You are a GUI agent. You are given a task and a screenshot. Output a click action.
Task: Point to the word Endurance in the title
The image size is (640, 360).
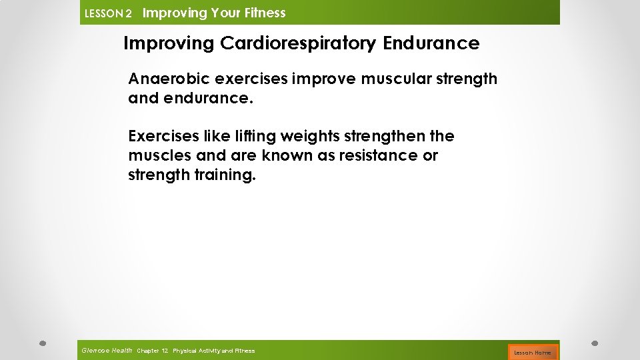(431, 44)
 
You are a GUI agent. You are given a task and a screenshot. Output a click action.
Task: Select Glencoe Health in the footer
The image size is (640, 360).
(106, 350)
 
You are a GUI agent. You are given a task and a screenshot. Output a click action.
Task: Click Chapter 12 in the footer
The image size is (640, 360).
(152, 351)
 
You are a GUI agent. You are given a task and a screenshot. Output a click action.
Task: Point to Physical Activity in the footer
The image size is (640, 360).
(195, 351)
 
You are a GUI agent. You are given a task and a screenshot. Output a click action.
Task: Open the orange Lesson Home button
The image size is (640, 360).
(532, 352)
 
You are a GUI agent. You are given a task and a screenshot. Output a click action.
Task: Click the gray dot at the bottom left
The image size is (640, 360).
(41, 344)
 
